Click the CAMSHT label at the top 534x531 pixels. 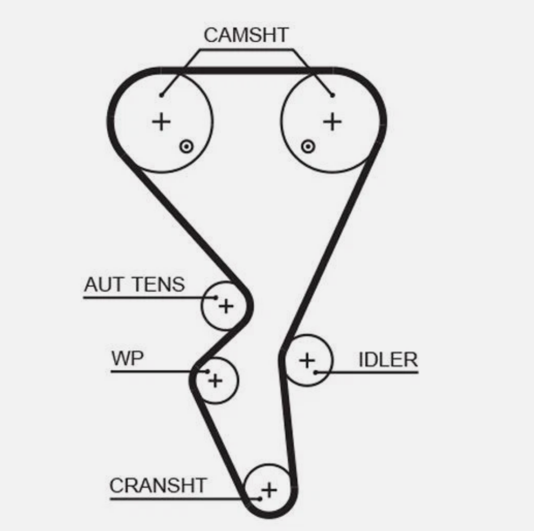tap(246, 35)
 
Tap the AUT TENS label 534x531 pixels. tap(134, 285)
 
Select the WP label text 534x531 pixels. tap(127, 359)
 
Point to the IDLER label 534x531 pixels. tap(388, 360)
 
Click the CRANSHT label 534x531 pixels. tap(158, 485)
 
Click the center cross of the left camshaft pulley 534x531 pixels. tap(162, 121)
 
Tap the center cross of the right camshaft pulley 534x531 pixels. tap(332, 121)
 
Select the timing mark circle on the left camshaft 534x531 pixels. tap(186, 146)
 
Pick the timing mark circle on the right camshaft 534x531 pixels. tap(308, 146)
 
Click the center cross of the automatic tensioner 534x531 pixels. tap(226, 306)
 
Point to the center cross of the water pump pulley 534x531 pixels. tap(215, 380)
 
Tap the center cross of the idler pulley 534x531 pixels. tap(307, 361)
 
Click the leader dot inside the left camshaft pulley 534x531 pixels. tap(161, 95)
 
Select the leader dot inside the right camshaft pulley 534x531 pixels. tap(332, 95)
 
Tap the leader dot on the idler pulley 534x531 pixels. tap(315, 372)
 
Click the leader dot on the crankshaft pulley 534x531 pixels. tap(260, 499)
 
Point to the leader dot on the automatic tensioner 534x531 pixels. tap(216, 298)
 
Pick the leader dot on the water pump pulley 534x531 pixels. tap(208, 371)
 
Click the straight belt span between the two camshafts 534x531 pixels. tap(247, 70)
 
